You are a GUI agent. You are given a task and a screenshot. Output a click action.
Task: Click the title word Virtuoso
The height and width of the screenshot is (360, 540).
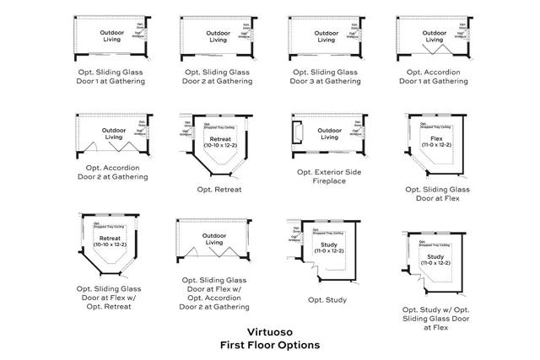click(x=269, y=331)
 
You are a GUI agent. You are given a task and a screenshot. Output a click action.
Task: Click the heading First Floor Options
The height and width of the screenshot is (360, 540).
click(x=269, y=345)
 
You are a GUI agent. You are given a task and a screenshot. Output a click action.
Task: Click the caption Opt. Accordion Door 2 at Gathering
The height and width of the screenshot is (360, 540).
click(x=113, y=172)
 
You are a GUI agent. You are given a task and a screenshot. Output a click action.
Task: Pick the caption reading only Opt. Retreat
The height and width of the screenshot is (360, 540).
click(x=219, y=190)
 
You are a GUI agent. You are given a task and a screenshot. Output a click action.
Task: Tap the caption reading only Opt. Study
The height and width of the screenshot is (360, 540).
click(x=327, y=299)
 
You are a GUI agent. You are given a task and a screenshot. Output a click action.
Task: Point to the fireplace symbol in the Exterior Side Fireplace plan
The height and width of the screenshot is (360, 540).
click(x=297, y=134)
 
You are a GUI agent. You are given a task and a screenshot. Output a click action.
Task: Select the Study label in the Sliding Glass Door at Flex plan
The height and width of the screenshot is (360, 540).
click(x=435, y=259)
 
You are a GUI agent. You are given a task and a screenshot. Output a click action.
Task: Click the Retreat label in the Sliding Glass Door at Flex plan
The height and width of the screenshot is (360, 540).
click(x=111, y=241)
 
